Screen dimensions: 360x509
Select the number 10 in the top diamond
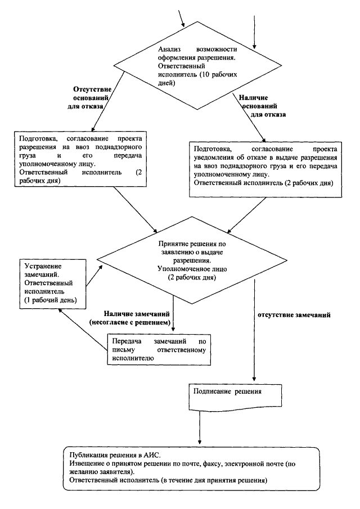(206, 74)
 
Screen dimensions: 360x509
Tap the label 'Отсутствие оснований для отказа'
(89, 98)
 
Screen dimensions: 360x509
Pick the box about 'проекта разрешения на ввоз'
(80, 159)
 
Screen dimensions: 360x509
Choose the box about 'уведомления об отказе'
(265, 169)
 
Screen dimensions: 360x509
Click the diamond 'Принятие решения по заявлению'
(192, 260)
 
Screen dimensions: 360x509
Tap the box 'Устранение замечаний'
(52, 283)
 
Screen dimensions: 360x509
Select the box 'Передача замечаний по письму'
(159, 350)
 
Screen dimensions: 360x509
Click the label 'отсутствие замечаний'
(294, 315)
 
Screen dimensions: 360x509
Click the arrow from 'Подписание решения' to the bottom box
(200, 427)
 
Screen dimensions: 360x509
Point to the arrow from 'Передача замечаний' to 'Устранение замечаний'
(83, 330)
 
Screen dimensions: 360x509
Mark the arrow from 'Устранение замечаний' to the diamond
(94, 276)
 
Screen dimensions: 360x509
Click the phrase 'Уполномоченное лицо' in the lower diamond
(192, 269)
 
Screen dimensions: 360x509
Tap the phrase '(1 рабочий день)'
(51, 300)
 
